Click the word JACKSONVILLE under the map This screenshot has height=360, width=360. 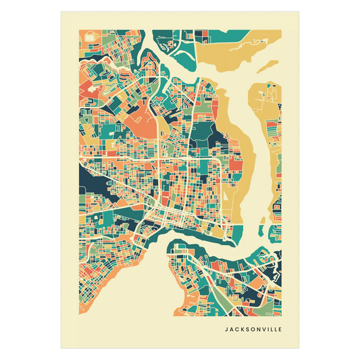[254, 330]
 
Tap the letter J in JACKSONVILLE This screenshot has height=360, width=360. [226, 330]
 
